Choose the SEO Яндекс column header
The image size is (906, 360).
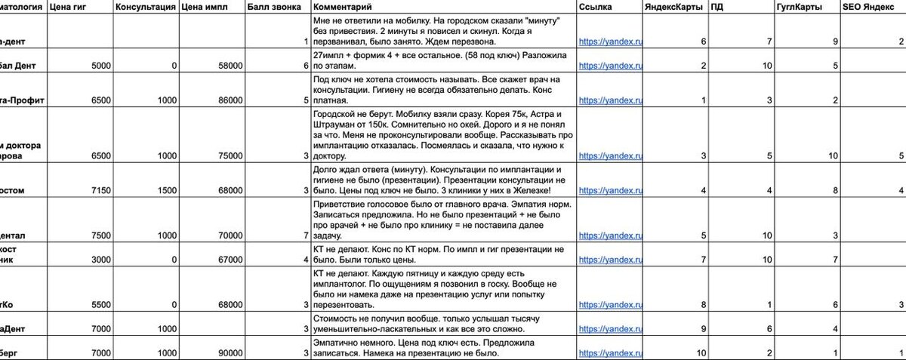(x=868, y=7)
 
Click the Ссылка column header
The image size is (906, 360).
(x=596, y=7)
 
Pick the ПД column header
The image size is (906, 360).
(x=717, y=7)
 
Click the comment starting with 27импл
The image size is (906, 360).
(x=442, y=61)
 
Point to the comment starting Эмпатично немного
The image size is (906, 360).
(x=442, y=348)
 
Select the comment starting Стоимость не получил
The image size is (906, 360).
(x=442, y=325)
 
